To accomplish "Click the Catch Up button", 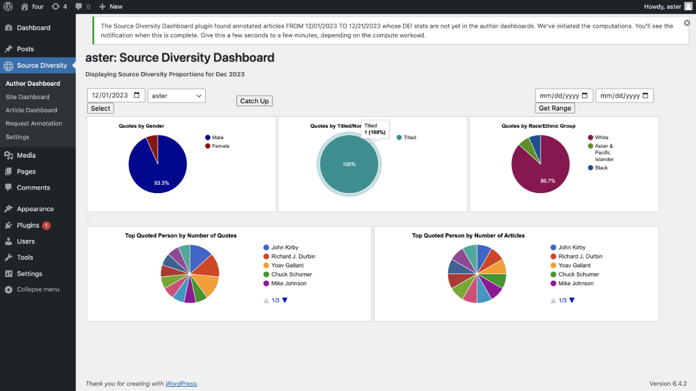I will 254,101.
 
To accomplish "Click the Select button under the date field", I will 100,109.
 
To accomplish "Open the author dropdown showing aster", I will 176,96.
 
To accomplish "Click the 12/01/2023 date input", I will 116,95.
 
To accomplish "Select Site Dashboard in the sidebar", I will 28,97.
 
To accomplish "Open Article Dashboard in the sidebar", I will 31,110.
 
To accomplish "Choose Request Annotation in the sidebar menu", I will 34,124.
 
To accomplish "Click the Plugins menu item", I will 28,225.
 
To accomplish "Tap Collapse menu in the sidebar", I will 38,290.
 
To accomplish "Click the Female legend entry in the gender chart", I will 220,146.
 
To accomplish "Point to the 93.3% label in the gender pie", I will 161,183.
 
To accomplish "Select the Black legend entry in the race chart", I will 601,168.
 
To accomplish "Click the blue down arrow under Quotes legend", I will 285,300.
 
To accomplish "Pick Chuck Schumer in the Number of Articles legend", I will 579,275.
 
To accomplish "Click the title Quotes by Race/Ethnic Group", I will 538,127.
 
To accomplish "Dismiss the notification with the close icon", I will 687,23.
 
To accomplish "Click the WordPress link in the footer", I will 181,384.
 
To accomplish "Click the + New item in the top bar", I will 111,7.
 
